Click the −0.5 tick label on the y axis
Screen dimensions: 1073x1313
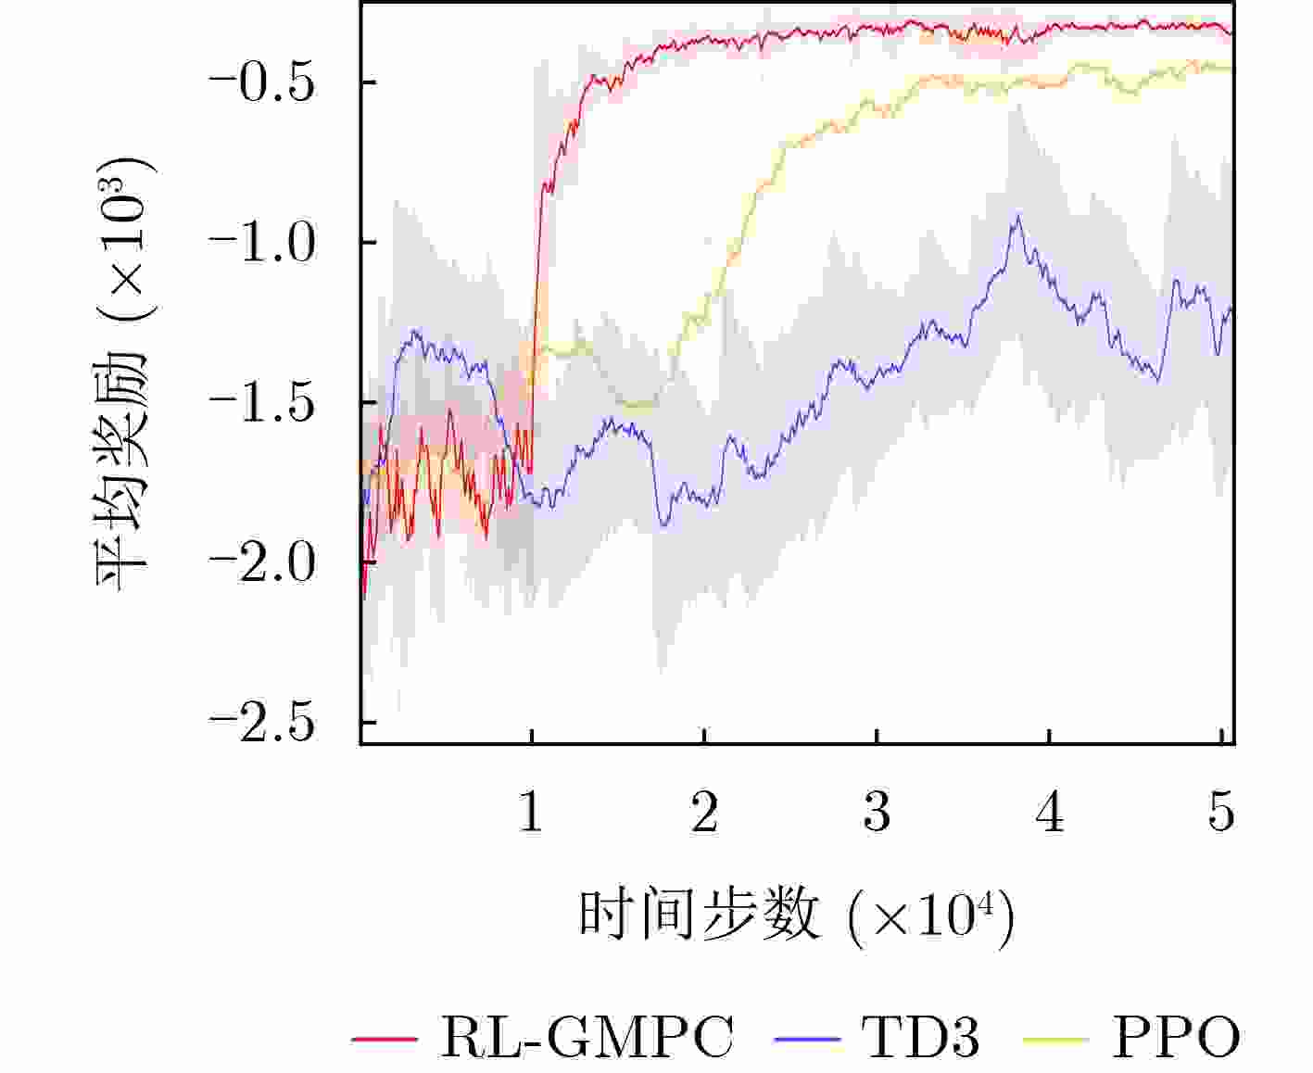click(x=263, y=83)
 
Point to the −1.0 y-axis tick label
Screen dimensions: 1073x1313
click(x=263, y=243)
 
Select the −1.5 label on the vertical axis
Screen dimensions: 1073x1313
click(x=263, y=403)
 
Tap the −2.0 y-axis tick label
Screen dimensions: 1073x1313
click(x=263, y=563)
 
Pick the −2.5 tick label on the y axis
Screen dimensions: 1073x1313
click(x=263, y=724)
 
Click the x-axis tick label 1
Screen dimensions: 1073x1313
click(x=531, y=813)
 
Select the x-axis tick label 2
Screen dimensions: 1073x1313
click(x=704, y=813)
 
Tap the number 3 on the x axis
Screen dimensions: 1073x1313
click(x=877, y=813)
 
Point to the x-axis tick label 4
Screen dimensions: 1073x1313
click(x=1050, y=813)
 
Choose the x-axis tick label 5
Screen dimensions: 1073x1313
click(x=1222, y=813)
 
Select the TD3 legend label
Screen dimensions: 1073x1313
click(x=919, y=1037)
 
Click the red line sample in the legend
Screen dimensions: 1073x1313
click(x=385, y=1039)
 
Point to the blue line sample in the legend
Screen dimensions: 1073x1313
click(x=806, y=1039)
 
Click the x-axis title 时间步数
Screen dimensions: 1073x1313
click(x=700, y=915)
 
